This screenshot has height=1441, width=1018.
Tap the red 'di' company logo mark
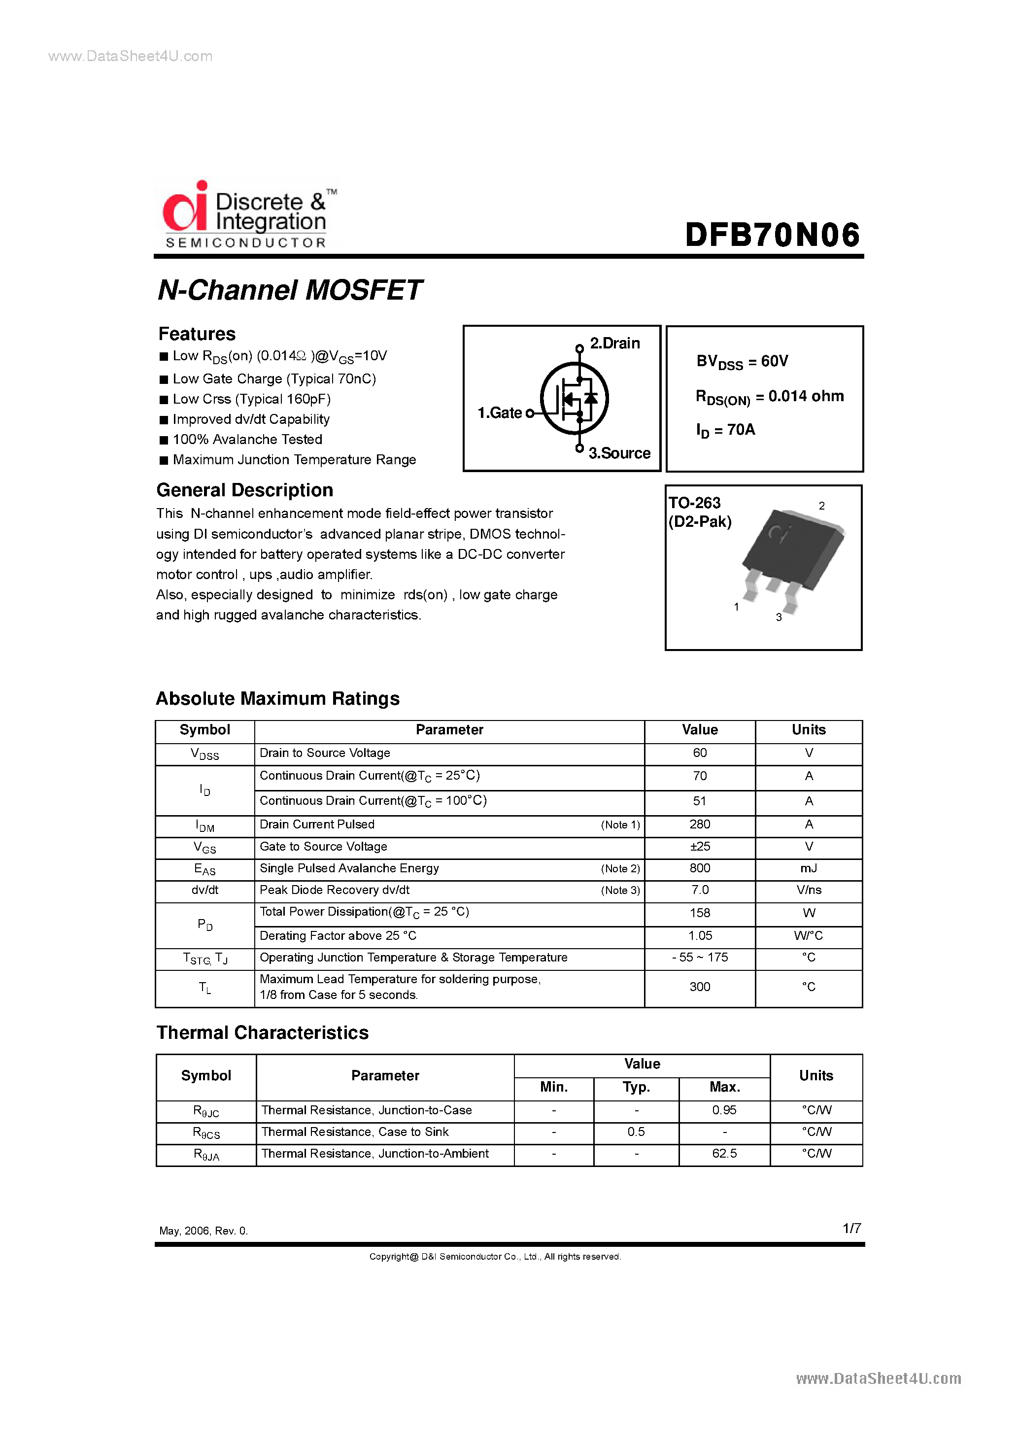(x=185, y=207)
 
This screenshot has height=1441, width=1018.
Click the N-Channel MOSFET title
(x=289, y=290)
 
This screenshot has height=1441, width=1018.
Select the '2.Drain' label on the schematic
(x=614, y=343)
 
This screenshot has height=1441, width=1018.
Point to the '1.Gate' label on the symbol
(x=500, y=413)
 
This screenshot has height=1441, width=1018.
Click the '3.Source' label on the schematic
(x=619, y=453)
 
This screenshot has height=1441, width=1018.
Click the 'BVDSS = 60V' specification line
(x=742, y=362)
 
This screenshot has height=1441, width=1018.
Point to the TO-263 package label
(x=694, y=503)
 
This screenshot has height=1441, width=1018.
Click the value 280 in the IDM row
(x=699, y=824)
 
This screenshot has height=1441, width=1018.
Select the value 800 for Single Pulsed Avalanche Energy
(x=699, y=868)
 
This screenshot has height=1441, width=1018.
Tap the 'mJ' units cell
(x=809, y=868)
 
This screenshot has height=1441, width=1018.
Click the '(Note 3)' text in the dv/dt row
(x=620, y=890)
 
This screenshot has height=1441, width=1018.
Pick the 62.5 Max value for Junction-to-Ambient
(x=724, y=1154)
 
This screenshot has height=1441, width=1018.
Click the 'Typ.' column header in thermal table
(x=636, y=1087)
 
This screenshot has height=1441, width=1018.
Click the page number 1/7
(x=851, y=1228)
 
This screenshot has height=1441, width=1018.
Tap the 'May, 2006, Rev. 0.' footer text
(x=204, y=1231)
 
